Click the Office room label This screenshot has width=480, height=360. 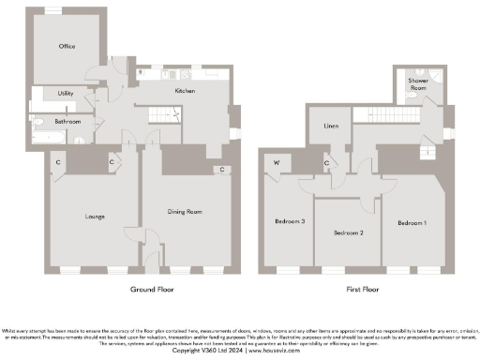click(x=67, y=46)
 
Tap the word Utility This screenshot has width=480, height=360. click(x=66, y=94)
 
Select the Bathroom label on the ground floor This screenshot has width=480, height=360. click(x=67, y=122)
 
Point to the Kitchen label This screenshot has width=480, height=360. click(x=185, y=91)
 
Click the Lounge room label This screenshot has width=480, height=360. click(x=94, y=217)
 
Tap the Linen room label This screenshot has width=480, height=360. click(x=331, y=126)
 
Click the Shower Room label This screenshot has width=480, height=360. click(x=418, y=84)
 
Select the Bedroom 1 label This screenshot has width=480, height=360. click(x=412, y=223)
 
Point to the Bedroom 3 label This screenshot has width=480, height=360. click(x=290, y=222)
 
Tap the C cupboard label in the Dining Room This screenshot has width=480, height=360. click(x=222, y=170)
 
